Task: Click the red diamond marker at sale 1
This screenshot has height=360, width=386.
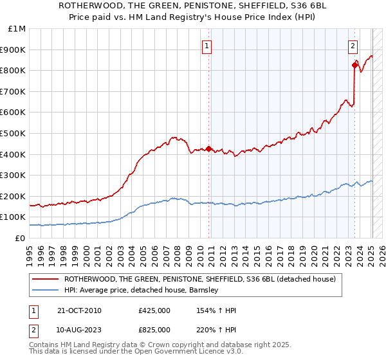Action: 208,149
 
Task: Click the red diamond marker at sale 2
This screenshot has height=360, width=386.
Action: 354,65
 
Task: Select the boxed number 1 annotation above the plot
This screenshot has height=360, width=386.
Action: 207,46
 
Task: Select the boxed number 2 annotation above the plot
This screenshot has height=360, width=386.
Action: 353,46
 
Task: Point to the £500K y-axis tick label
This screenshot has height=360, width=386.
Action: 14,134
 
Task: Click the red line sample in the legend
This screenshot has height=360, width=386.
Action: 44,280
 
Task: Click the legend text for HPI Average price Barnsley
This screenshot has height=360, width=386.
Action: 142,291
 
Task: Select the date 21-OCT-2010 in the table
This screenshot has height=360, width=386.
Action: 79,310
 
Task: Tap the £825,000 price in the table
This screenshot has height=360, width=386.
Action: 154,329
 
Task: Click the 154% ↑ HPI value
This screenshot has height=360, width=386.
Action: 212,310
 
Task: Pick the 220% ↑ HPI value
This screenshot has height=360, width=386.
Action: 212,329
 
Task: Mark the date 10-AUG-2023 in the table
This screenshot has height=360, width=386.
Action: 80,329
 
